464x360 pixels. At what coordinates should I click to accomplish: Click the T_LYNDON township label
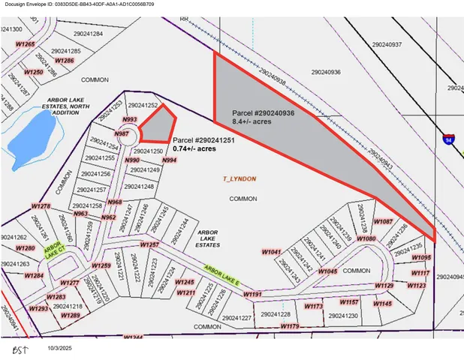(240, 179)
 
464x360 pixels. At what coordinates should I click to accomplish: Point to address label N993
(130, 119)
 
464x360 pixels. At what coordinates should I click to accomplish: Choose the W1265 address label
(26, 45)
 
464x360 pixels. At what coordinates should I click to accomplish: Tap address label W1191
(252, 294)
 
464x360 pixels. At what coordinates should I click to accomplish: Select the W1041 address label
(271, 252)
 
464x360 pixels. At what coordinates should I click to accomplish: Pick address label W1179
(290, 327)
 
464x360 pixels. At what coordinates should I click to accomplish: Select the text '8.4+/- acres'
(252, 121)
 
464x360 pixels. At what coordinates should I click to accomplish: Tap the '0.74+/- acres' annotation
(194, 149)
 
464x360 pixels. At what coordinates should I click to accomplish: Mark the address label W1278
(41, 205)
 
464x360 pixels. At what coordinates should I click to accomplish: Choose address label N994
(169, 160)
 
